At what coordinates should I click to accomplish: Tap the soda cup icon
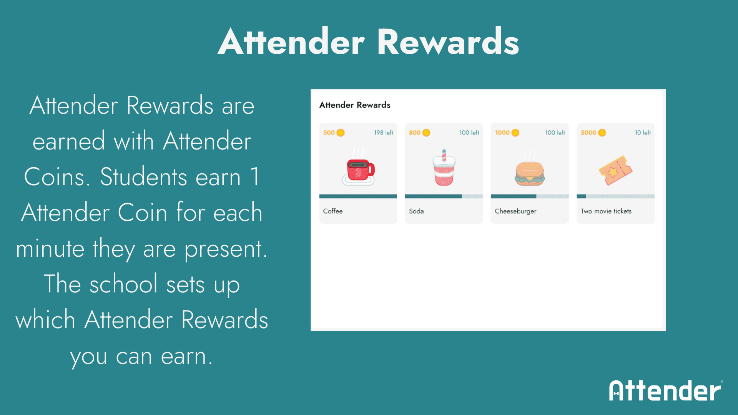pyautogui.click(x=444, y=168)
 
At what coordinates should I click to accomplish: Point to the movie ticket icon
pyautogui.click(x=615, y=170)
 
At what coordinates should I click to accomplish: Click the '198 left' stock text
pyautogui.click(x=383, y=133)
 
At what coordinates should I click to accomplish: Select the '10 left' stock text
pyautogui.click(x=642, y=133)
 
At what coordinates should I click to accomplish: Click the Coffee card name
pyautogui.click(x=333, y=211)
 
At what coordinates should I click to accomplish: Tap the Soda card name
pyautogui.click(x=416, y=211)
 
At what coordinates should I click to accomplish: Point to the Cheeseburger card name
pyautogui.click(x=515, y=211)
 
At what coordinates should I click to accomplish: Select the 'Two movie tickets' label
pyautogui.click(x=606, y=211)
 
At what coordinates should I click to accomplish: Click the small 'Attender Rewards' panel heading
pyautogui.click(x=355, y=105)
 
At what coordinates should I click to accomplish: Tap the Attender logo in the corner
pyautogui.click(x=666, y=391)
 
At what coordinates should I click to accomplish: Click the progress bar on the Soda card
pyautogui.click(x=444, y=196)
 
